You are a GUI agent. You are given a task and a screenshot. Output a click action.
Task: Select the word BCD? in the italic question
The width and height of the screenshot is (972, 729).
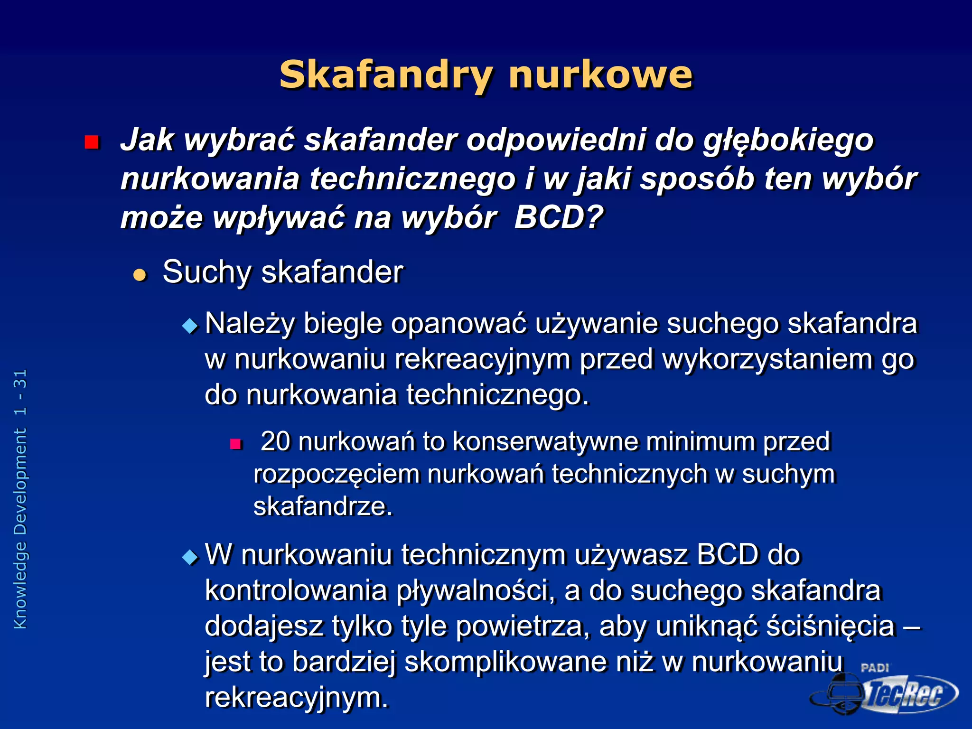[x=558, y=217]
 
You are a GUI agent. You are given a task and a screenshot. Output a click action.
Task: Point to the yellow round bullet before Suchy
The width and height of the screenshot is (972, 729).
[x=140, y=275]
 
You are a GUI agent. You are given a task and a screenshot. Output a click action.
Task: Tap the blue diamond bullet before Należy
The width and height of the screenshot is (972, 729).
[x=190, y=326]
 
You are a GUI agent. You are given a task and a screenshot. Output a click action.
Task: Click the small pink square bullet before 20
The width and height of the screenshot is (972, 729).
[x=236, y=444]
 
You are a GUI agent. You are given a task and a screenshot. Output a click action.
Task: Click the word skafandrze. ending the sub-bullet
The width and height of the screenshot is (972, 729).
[x=323, y=506]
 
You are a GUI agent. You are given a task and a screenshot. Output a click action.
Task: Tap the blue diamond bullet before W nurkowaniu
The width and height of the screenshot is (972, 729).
[x=190, y=557]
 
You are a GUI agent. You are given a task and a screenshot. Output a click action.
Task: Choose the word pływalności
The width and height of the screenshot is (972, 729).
[x=475, y=591]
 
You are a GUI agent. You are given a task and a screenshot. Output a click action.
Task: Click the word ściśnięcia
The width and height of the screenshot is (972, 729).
[x=831, y=626]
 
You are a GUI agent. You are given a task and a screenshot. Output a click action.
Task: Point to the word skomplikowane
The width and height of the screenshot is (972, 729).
[x=505, y=662]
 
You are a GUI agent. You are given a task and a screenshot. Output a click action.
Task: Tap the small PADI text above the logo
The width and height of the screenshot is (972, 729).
[x=875, y=667]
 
